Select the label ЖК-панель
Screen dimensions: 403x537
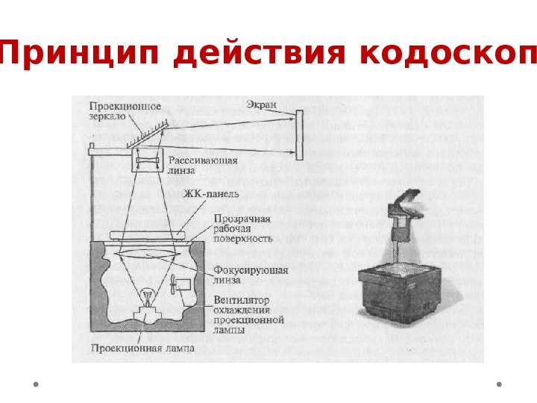(x=212, y=194)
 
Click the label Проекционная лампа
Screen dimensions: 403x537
(x=143, y=348)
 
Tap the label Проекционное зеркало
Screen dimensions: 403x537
(x=125, y=112)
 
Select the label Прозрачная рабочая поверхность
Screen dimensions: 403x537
(x=242, y=228)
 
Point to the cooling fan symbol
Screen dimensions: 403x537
(x=176, y=286)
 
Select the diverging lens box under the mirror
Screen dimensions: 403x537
(x=147, y=159)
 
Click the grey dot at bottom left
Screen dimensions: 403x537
(x=36, y=385)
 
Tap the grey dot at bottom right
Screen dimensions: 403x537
(x=499, y=385)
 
